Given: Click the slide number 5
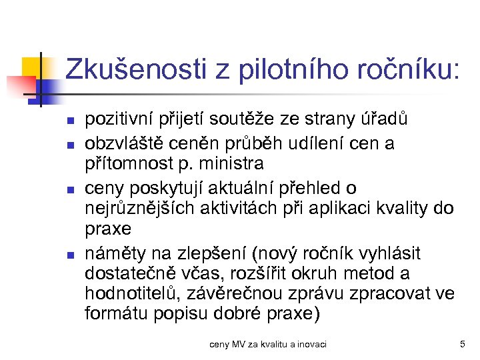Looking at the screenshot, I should tap(462, 344).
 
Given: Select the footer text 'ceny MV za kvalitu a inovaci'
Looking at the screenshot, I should tap(268, 344).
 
